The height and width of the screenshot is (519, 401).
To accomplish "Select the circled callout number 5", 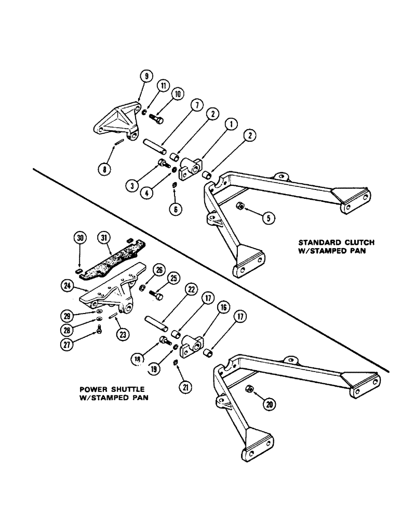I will point(268,218).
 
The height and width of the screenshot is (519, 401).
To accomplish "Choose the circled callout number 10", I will point(178,94).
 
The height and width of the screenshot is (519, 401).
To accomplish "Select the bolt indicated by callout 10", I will point(157,119).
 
